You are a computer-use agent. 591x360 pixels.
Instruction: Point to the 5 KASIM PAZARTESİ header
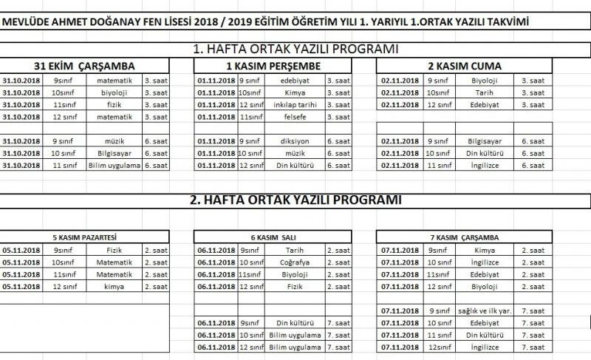(87, 238)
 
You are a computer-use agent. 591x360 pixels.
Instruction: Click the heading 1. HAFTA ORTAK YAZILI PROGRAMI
(295, 50)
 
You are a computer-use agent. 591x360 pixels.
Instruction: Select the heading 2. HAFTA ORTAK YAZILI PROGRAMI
(295, 200)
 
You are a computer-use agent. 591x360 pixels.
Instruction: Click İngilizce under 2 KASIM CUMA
(483, 165)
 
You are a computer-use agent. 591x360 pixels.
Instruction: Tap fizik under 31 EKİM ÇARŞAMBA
(114, 105)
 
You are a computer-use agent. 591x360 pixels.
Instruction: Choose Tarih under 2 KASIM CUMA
(483, 92)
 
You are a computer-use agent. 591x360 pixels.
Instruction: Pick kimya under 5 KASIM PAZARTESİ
(114, 287)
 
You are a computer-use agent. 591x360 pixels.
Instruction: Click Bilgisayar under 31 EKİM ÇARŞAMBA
(114, 153)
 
